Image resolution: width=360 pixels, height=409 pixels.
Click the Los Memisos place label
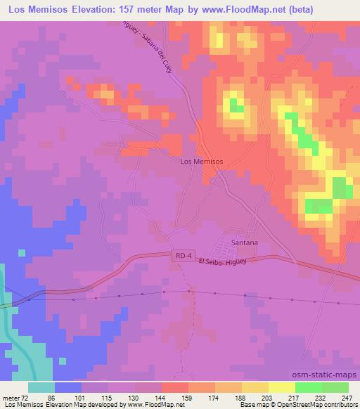pyautogui.click(x=202, y=161)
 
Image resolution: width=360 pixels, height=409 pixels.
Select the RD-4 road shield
pyautogui.click(x=181, y=259)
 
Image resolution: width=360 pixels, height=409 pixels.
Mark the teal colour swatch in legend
pyautogui.click(x=41, y=387)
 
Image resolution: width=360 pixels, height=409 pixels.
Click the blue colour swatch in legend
pyautogui.click(x=68, y=387)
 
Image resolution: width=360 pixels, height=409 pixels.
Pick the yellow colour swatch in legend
pyautogui.click(x=281, y=387)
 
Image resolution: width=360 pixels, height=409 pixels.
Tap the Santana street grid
pyautogui.click(x=233, y=250)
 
